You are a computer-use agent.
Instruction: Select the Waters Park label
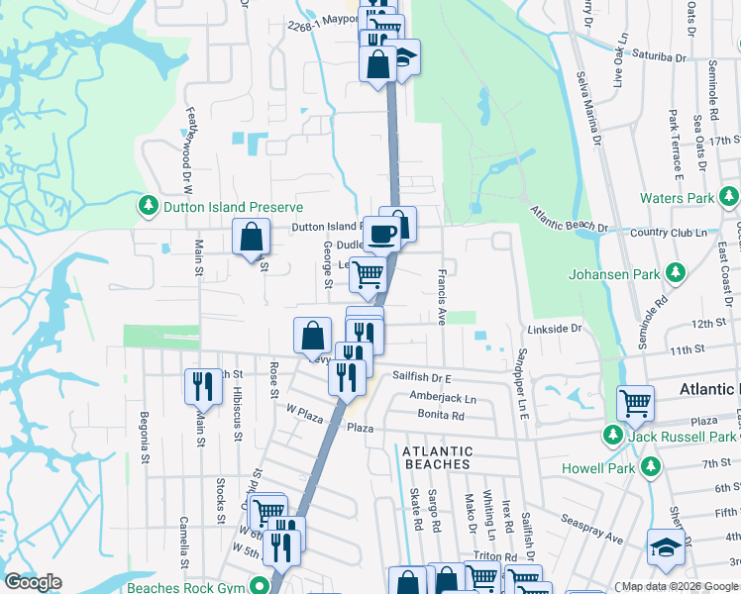coord(676,198)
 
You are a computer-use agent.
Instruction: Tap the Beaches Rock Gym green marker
coord(260,586)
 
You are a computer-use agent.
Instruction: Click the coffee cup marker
coord(382,235)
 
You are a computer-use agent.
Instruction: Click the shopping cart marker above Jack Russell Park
coord(635,403)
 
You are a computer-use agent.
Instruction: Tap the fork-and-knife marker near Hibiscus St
coord(203,385)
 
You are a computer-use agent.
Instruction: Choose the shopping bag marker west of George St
coord(252,238)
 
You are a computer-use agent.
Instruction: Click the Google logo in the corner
coord(33,582)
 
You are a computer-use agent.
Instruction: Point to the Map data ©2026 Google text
coord(679,586)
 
